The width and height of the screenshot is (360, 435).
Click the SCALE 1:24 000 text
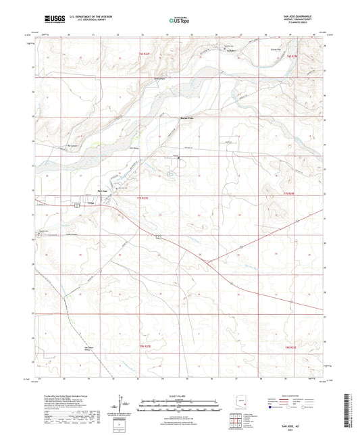(179, 396)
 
